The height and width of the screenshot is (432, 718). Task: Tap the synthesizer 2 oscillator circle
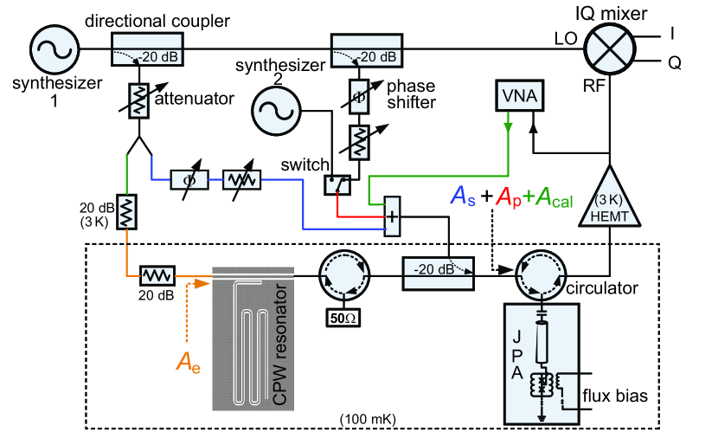point(275,111)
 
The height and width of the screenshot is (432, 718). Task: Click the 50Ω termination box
point(344,317)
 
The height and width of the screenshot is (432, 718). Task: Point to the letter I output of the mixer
point(671,33)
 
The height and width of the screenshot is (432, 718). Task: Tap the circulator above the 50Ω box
point(343,275)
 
